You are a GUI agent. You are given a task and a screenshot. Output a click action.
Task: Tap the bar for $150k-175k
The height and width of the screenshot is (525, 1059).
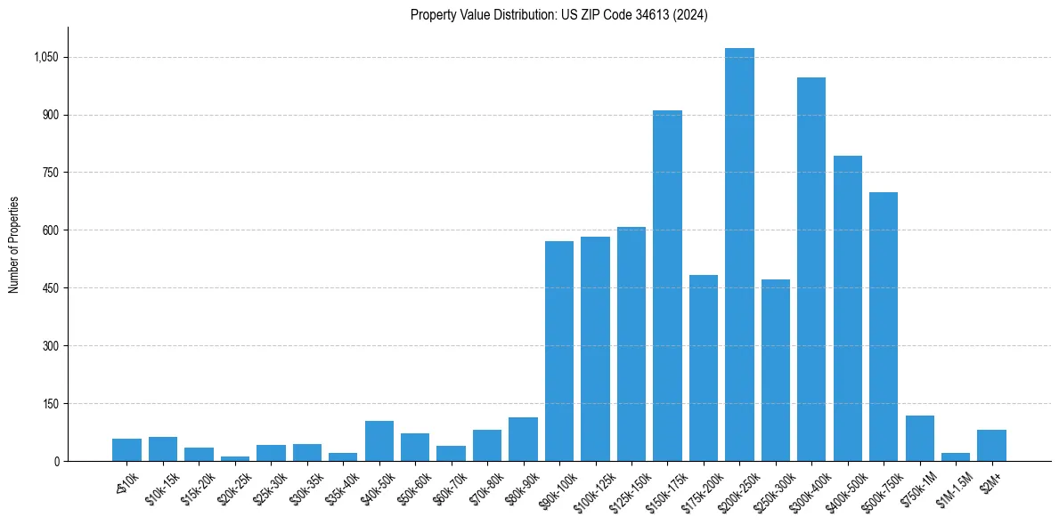click(x=667, y=286)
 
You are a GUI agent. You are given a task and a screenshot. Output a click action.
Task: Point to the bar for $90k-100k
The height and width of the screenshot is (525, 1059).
click(x=559, y=351)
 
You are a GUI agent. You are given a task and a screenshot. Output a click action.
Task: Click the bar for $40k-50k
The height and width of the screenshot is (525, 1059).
click(x=379, y=440)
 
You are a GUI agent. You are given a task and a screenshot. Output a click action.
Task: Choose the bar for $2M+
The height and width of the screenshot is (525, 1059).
click(x=991, y=445)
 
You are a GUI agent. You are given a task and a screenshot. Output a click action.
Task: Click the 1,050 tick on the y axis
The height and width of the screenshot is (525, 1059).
click(x=45, y=58)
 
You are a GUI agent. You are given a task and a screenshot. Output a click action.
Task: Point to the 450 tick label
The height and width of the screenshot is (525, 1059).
click(x=50, y=288)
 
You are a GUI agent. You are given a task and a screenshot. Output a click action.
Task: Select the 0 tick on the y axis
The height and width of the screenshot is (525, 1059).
click(x=56, y=461)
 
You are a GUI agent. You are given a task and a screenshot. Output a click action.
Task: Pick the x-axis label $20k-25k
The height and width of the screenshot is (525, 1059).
click(x=232, y=486)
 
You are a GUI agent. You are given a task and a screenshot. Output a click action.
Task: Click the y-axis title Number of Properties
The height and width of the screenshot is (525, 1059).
click(x=13, y=245)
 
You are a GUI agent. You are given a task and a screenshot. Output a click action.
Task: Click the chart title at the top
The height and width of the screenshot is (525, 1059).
click(x=558, y=15)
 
